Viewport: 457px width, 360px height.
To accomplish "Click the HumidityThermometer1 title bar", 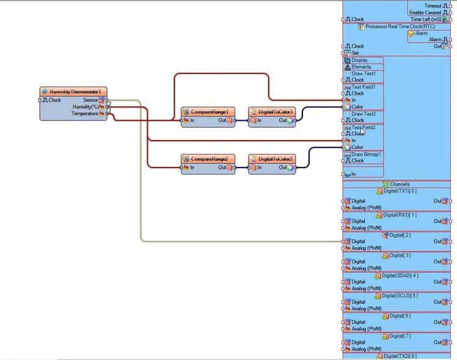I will (x=75, y=92).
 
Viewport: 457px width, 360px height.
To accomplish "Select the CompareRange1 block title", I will (x=209, y=112).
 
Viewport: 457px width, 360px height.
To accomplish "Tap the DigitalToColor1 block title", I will (x=276, y=112).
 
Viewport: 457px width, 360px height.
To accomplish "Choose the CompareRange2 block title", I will (x=209, y=159).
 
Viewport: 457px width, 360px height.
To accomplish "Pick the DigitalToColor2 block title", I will (x=276, y=159).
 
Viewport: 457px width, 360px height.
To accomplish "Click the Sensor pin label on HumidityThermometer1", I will (x=90, y=100).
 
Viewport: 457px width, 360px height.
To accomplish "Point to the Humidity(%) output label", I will (x=86, y=106).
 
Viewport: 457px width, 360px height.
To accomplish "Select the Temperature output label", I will (x=84, y=113).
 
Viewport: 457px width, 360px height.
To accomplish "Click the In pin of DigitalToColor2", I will (x=259, y=167).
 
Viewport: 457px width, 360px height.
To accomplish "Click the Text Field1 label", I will (x=364, y=87).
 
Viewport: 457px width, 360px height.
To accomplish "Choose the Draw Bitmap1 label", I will (x=367, y=154).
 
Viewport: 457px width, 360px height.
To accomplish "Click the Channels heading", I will (x=400, y=184).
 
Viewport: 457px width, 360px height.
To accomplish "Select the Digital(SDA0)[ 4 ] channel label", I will (x=400, y=275).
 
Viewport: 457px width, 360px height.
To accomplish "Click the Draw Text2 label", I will (x=364, y=114).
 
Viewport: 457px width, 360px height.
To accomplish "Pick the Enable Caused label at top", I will (x=425, y=12).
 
